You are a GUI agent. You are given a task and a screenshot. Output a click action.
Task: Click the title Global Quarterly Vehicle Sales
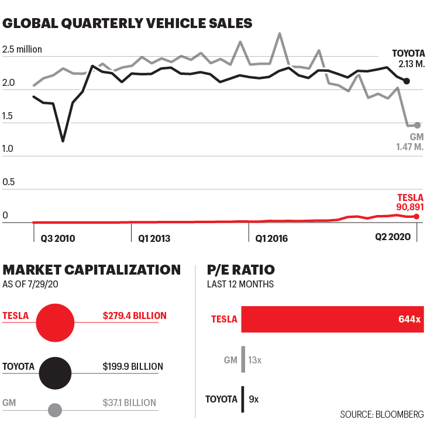click(x=128, y=23)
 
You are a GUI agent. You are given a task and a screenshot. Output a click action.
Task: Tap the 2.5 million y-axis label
click(x=23, y=49)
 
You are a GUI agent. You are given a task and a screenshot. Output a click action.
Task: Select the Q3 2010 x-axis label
click(x=58, y=238)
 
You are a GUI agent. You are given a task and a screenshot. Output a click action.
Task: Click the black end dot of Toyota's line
click(x=407, y=81)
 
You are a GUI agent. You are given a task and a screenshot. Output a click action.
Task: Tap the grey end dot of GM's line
click(x=417, y=125)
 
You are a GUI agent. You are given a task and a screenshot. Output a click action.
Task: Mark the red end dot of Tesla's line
click(x=416, y=217)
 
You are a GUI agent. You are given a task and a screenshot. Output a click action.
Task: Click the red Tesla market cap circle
click(x=55, y=322)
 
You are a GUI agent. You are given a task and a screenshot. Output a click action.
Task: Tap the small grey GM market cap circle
click(x=55, y=410)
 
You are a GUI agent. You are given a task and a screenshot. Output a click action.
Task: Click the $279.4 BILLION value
click(x=135, y=315)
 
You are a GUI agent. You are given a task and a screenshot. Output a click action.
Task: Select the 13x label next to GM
click(x=254, y=360)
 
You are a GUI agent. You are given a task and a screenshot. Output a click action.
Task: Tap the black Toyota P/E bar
click(x=242, y=399)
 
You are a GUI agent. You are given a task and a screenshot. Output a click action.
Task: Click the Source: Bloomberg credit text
click(x=382, y=414)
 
